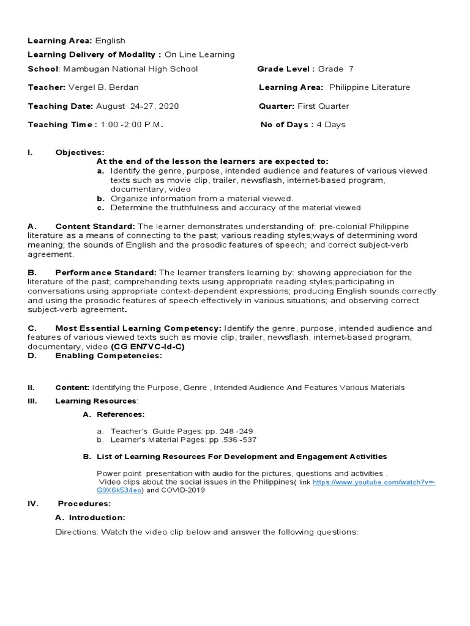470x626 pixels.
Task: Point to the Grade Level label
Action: click(x=286, y=69)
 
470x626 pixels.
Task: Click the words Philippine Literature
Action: click(x=370, y=87)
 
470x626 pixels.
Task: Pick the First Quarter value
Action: click(x=323, y=106)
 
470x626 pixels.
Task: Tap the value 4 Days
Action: click(x=330, y=124)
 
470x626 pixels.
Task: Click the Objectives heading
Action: click(x=80, y=152)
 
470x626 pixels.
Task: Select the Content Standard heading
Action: click(x=95, y=227)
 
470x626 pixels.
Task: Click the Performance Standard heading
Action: click(x=106, y=272)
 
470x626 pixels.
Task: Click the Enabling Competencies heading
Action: click(x=108, y=356)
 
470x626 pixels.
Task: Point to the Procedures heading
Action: click(x=84, y=504)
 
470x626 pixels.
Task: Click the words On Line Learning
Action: click(x=200, y=54)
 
